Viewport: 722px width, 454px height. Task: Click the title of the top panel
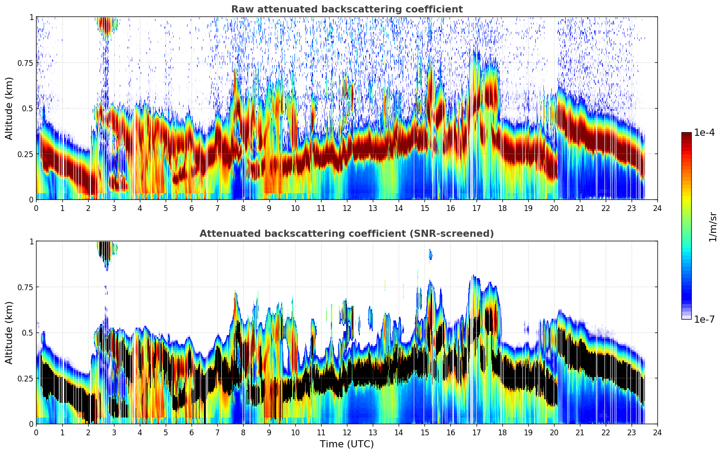[347, 9]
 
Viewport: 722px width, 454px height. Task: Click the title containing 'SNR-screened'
[347, 234]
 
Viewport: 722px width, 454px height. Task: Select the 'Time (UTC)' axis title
[347, 444]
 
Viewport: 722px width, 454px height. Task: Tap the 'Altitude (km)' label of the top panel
[9, 108]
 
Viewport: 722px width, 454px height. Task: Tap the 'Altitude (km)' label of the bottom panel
[9, 332]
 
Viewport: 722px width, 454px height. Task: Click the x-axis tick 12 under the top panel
[347, 208]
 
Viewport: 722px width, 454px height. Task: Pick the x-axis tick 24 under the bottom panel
[657, 432]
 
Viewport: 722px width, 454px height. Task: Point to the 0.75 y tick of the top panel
[25, 63]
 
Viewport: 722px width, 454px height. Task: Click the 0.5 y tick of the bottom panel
[28, 332]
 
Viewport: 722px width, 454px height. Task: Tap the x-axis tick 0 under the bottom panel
[37, 432]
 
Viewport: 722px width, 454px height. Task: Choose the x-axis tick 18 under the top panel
[502, 208]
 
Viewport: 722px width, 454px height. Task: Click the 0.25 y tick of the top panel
[25, 154]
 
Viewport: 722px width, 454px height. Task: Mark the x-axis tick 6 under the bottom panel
[192, 432]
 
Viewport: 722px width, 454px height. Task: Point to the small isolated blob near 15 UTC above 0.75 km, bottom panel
[430, 255]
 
